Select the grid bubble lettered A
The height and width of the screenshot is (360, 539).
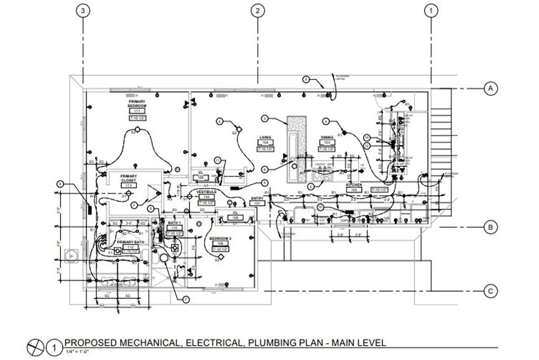coord(490,89)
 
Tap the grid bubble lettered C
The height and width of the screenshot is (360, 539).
coord(490,291)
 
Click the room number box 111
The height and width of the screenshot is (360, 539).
coord(137,112)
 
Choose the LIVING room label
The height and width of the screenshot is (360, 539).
coord(265,137)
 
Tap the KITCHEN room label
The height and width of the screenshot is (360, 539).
coord(352,185)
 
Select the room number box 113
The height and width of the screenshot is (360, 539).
coord(128,186)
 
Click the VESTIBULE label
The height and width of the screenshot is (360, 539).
coord(207,192)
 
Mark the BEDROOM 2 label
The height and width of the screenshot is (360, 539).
coord(221,238)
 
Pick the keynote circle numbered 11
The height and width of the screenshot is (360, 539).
coord(217,160)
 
